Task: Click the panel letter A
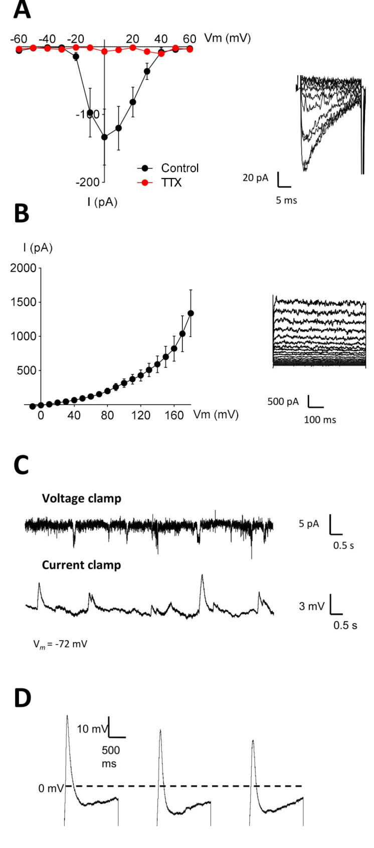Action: (22, 11)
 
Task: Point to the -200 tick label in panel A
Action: (88, 182)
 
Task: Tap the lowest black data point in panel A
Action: (104, 137)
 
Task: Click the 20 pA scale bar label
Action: (255, 178)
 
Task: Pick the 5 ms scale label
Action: (286, 200)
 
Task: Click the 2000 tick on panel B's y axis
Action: (23, 268)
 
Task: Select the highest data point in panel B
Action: (191, 313)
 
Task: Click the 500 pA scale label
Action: (283, 401)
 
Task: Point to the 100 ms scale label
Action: (320, 419)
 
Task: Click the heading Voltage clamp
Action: (81, 498)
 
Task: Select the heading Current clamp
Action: (81, 565)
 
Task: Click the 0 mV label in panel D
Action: (51, 788)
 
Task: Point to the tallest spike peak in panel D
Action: (67, 716)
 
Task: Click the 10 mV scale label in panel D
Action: (92, 729)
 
